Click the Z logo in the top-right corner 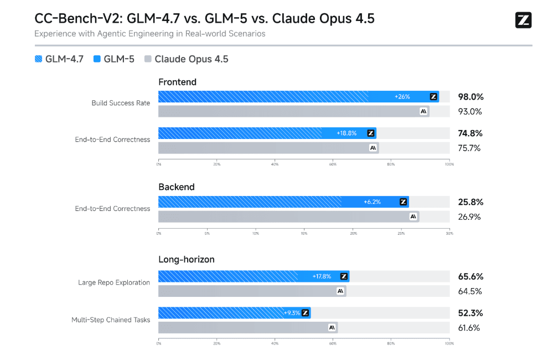[523, 20]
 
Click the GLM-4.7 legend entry [59, 59]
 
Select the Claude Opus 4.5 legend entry [186, 59]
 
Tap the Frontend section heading [177, 82]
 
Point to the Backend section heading [177, 187]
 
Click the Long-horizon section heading [186, 259]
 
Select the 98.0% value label [471, 97]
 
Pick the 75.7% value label [469, 148]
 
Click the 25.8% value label [471, 202]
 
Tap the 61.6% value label [469, 328]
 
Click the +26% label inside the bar [402, 97]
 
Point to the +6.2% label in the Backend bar [372, 202]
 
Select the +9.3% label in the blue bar [292, 313]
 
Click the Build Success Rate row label [121, 103]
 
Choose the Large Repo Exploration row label [113, 282]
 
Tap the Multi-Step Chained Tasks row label [111, 320]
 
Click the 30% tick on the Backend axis [449, 233]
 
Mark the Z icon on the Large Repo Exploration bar [344, 276]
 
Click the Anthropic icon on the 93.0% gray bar [423, 111]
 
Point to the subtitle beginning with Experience [149, 34]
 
